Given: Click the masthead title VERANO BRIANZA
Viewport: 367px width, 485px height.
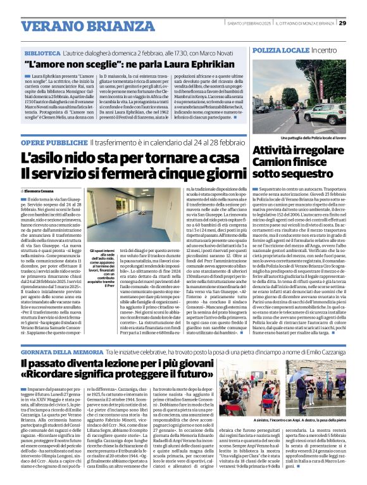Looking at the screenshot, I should tap(70, 26).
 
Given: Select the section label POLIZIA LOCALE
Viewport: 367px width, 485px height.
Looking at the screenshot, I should tap(273, 49).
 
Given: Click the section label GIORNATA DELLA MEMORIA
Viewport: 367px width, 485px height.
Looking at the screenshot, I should tap(63, 350).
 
